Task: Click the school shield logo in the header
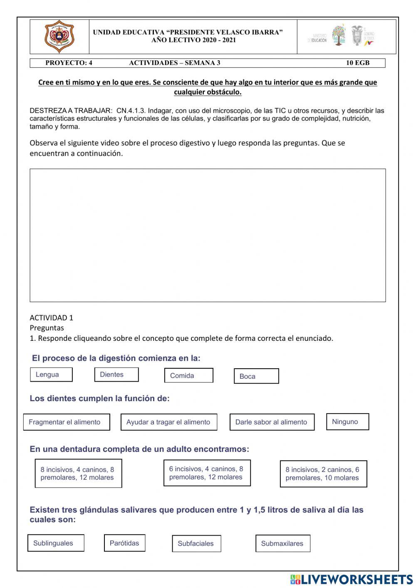tap(59, 36)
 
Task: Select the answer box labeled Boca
tap(256, 376)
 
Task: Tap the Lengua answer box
tap(51, 375)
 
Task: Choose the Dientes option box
tap(116, 375)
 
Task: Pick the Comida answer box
tap(188, 375)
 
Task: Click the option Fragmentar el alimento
tap(67, 422)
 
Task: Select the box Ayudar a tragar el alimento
tap(168, 422)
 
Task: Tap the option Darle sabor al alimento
tap(272, 422)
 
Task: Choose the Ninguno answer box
tap(347, 422)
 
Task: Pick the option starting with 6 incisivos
tap(207, 473)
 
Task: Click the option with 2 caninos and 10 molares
tap(323, 474)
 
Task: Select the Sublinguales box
tap(56, 543)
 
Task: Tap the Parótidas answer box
tap(124, 543)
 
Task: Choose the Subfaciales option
tap(196, 543)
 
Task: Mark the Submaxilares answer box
tap(283, 543)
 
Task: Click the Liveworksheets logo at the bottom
tap(352, 579)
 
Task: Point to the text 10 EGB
tap(358, 63)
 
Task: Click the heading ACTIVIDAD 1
tap(51, 318)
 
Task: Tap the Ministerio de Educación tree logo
tap(339, 35)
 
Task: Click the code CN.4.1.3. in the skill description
tap(131, 111)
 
